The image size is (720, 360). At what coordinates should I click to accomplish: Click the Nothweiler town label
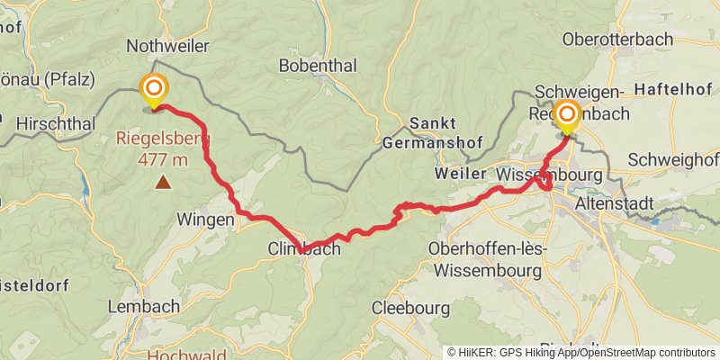(x=168, y=46)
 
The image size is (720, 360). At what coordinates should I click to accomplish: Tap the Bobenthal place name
(x=318, y=66)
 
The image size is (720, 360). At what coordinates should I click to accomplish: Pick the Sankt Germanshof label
(x=421, y=132)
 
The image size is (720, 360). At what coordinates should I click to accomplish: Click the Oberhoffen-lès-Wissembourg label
(x=486, y=258)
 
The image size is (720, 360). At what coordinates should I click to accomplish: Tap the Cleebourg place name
(x=410, y=308)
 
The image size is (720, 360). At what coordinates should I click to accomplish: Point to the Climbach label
(x=304, y=249)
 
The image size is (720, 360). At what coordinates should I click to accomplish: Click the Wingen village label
(x=206, y=219)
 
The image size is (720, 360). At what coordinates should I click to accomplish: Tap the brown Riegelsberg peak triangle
(x=163, y=183)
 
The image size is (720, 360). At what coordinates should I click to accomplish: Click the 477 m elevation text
(x=163, y=159)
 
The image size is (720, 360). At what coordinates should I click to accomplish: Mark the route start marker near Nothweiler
(x=154, y=88)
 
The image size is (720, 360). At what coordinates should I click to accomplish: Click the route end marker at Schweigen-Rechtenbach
(x=567, y=114)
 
